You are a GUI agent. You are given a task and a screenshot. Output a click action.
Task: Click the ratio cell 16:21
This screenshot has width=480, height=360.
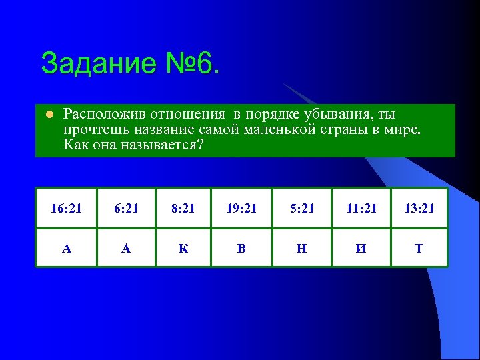click(66, 209)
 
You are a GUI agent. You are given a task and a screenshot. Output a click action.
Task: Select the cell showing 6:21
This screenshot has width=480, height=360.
click(126, 209)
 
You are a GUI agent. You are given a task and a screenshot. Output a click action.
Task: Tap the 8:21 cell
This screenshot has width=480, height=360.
click(183, 209)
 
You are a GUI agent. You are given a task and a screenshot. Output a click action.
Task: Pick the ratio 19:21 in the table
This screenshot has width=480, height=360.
click(241, 209)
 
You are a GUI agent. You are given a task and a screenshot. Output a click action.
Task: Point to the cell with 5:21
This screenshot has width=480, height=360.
click(301, 209)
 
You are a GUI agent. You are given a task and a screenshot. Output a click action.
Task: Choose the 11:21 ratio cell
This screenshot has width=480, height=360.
click(361, 209)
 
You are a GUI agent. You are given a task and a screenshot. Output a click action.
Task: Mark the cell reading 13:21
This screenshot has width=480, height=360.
click(419, 209)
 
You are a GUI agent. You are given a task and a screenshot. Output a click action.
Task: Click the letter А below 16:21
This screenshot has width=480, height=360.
click(66, 249)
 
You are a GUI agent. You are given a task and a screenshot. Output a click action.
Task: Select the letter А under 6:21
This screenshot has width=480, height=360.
click(126, 249)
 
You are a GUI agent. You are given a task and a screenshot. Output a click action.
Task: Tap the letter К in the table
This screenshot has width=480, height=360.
click(183, 249)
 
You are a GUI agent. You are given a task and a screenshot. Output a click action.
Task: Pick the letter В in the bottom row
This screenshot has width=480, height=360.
click(241, 249)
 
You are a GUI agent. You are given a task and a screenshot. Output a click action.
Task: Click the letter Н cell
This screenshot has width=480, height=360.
click(301, 249)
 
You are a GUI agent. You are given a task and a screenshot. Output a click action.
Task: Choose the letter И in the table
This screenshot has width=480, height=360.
click(361, 249)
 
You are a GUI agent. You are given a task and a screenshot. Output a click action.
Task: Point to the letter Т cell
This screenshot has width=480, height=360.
click(419, 249)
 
